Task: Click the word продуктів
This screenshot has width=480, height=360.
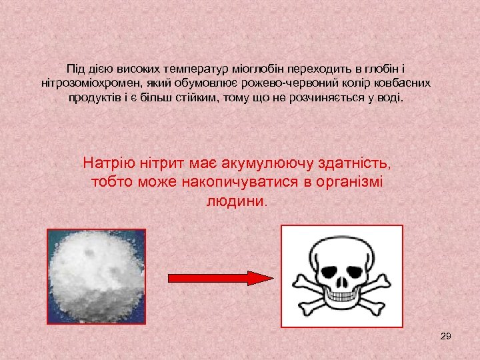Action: [x=93, y=98]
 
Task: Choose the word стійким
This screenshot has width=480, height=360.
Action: [x=239, y=98]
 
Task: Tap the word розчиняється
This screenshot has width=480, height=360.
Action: [x=335, y=98]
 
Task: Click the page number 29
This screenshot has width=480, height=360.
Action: [x=446, y=336]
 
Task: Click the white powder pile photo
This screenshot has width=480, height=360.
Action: [x=93, y=276]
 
